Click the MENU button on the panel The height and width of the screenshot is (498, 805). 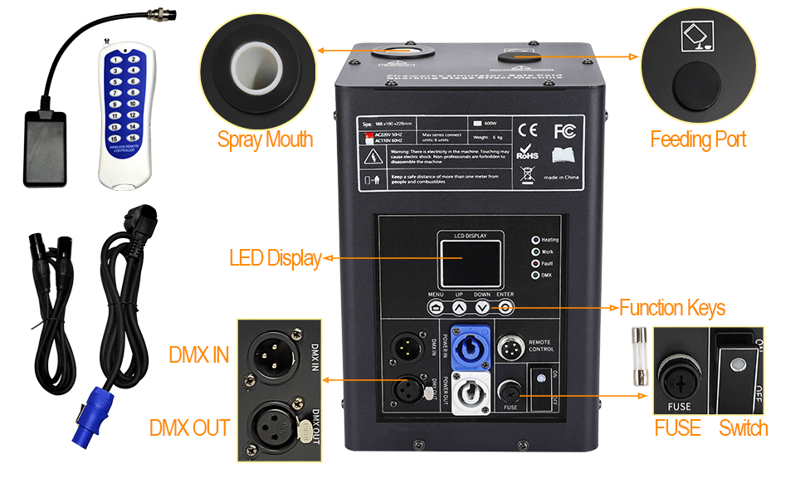point(437,307)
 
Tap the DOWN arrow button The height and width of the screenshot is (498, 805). point(483,307)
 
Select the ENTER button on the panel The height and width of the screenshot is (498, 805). point(506,307)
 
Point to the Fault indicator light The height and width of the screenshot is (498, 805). point(535,263)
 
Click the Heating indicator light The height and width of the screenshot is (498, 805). point(535,240)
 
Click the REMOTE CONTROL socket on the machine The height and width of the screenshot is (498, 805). point(510,347)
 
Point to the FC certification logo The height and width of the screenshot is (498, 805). point(565,130)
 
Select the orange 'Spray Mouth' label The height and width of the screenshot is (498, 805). point(265,139)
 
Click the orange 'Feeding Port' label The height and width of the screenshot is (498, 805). point(698,139)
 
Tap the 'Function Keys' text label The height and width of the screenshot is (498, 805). point(672,309)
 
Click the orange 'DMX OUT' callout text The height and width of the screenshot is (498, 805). point(189,428)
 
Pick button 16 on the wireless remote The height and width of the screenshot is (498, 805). point(133,137)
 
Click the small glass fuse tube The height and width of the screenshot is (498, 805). point(637,357)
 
